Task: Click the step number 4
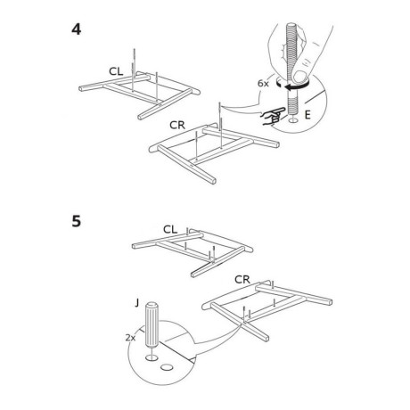pyautogui.click(x=77, y=29)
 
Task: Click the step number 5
pyautogui.click(x=77, y=221)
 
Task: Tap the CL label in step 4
pyautogui.click(x=116, y=71)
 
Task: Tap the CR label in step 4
pyautogui.click(x=177, y=125)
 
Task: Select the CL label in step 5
pyautogui.click(x=170, y=229)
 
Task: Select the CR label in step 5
pyautogui.click(x=242, y=280)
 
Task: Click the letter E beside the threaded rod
pyautogui.click(x=307, y=115)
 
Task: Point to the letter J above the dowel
pyautogui.click(x=136, y=303)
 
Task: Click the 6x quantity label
pyautogui.click(x=263, y=84)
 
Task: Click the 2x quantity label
pyautogui.click(x=130, y=338)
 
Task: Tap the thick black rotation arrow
pyautogui.click(x=297, y=86)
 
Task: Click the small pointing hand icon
pyautogui.click(x=273, y=117)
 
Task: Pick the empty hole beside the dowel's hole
pyautogui.click(x=167, y=367)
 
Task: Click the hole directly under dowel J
pyautogui.click(x=152, y=357)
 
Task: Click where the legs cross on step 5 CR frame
pyautogui.click(x=244, y=322)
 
